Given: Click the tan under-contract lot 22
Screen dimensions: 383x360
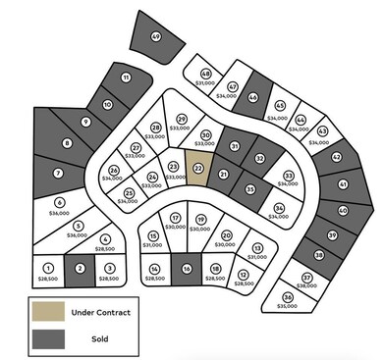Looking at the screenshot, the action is (199, 168).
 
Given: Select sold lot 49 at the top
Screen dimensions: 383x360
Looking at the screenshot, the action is (156, 37).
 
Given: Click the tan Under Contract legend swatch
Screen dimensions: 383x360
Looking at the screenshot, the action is (47, 313).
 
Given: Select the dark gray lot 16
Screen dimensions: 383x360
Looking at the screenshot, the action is (186, 269).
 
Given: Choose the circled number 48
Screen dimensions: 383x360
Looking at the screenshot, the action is (206, 74).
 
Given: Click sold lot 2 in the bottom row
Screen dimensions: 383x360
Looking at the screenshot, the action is (80, 268).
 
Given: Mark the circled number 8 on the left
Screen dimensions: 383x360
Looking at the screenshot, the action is (67, 144).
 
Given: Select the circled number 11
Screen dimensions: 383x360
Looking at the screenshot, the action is (126, 77).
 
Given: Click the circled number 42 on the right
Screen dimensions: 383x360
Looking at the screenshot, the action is (336, 156).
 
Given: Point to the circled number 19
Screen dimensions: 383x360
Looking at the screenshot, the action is (200, 219).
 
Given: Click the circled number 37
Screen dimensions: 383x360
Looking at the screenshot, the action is (307, 278).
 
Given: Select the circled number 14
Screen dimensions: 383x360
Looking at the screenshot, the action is (155, 269).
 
